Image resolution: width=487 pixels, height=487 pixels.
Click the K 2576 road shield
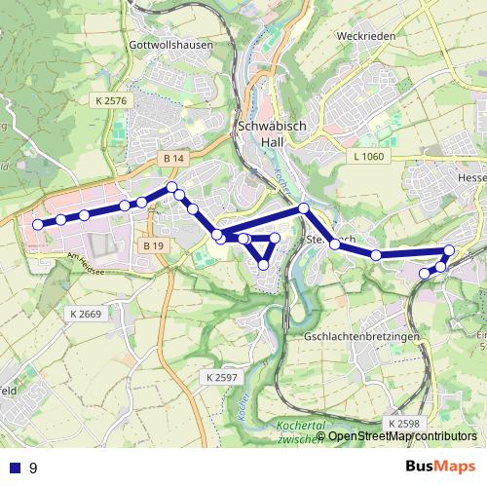click(x=113, y=100)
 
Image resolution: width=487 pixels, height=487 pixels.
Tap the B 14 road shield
click(x=173, y=158)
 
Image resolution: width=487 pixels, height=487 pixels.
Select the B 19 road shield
click(x=152, y=246)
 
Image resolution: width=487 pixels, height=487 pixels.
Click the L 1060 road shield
click(x=370, y=157)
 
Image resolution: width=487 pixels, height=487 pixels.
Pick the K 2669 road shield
click(x=88, y=314)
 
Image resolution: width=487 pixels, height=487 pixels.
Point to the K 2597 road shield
click(x=222, y=376)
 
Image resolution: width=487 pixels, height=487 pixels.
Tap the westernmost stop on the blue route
click(x=38, y=224)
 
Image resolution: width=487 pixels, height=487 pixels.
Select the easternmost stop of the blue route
click(x=449, y=250)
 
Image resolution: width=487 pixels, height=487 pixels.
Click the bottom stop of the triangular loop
click(x=263, y=265)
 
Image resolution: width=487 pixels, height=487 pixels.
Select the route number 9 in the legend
click(x=33, y=468)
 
